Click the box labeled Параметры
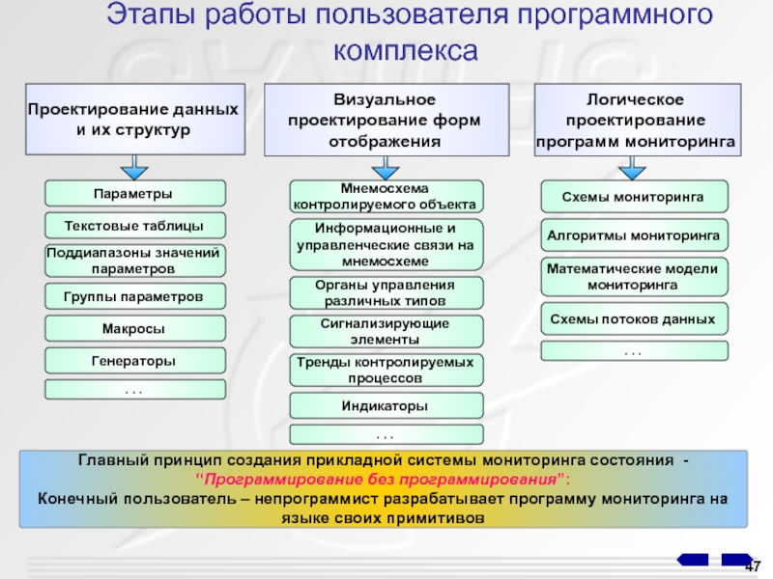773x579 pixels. (x=135, y=193)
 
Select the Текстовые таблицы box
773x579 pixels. (x=135, y=226)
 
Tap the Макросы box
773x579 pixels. (x=135, y=328)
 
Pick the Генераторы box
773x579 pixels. (x=135, y=361)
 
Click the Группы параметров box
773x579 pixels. (x=135, y=295)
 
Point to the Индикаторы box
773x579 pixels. (x=386, y=406)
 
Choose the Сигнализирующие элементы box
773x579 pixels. (x=386, y=332)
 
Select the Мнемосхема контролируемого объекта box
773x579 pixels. (x=386, y=197)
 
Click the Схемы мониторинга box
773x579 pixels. (x=633, y=196)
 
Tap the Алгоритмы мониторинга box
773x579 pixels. (x=633, y=234)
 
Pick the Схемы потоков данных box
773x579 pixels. (x=633, y=318)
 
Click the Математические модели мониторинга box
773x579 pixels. (x=633, y=277)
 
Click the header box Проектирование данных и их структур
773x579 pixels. (x=129, y=120)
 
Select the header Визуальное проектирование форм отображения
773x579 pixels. (x=386, y=120)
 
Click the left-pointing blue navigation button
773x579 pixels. (x=693, y=560)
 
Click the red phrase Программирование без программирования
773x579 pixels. (x=384, y=480)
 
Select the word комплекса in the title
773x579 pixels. (x=406, y=50)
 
